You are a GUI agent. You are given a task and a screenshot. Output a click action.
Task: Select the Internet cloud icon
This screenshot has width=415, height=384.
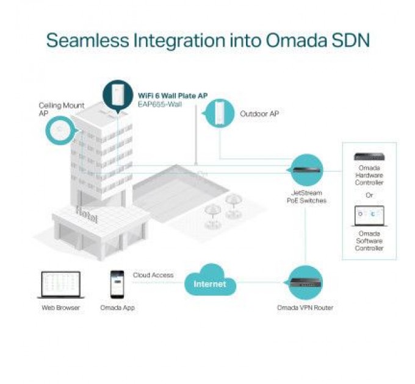pos(209,280)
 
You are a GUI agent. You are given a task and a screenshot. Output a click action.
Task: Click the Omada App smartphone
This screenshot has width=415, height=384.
pos(117,285)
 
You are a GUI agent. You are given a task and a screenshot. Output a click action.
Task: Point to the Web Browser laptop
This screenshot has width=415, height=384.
pos(61,285)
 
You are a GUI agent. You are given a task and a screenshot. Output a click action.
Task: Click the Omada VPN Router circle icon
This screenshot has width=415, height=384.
pos(305,283)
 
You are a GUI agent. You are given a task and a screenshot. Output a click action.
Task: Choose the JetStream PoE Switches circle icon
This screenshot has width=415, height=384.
pos(306,170)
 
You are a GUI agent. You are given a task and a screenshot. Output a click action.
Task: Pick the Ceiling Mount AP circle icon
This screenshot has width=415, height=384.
pos(60,130)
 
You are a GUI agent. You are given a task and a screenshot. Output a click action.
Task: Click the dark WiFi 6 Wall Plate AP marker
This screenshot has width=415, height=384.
pos(118,96)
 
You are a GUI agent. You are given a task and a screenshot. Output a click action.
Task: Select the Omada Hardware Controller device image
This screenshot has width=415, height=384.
pos(369,157)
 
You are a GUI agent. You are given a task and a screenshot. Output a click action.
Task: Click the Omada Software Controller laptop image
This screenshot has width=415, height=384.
pos(369,216)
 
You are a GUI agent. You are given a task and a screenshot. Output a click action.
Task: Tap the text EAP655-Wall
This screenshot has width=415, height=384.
pos(160,104)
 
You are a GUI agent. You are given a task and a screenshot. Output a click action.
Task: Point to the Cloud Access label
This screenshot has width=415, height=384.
pos(153,275)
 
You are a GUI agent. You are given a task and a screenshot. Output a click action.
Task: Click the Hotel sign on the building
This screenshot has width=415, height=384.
pos(87,214)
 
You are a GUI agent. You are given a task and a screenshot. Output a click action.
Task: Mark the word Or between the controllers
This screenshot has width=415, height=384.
pos(369,195)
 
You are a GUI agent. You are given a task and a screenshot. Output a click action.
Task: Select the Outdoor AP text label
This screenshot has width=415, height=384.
pos(259,113)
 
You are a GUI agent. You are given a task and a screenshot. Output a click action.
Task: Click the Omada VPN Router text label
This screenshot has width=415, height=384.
pos(305,308)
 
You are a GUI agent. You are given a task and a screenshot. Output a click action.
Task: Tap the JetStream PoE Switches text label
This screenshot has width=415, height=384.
pos(306,197)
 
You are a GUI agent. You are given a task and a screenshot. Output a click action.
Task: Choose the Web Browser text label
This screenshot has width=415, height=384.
pos(60,308)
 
